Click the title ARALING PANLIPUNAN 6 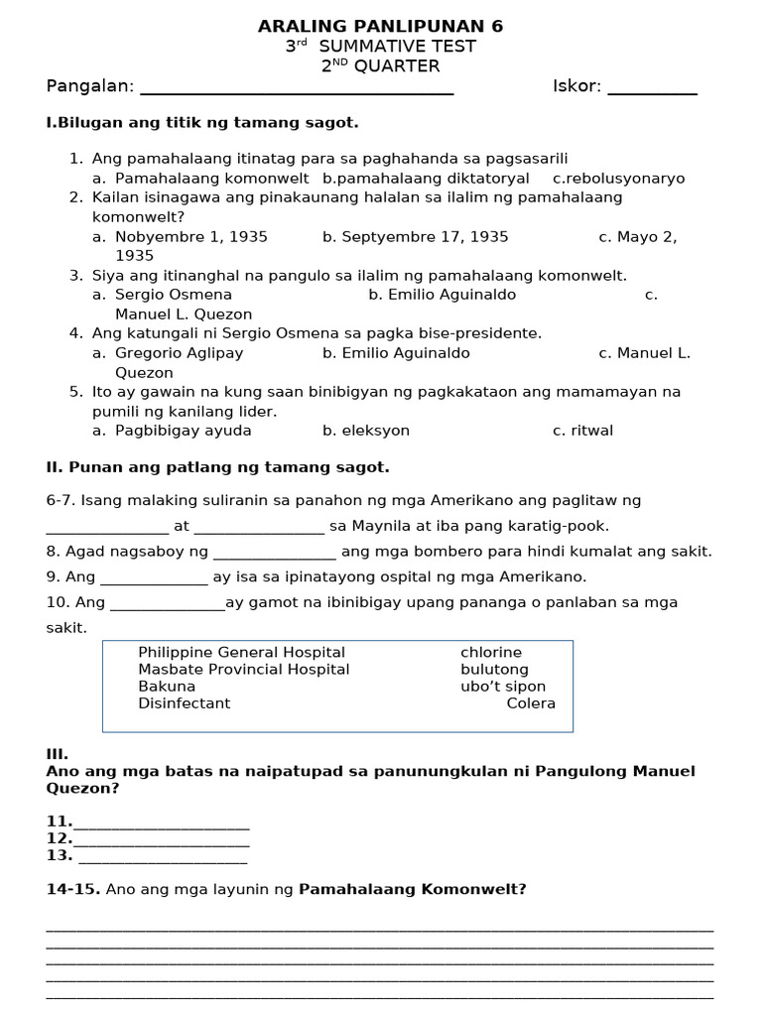[380, 26]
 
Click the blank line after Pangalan [297, 91]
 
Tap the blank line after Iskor [652, 91]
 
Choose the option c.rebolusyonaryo [619, 179]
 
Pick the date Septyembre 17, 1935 [415, 237]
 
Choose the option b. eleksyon [366, 431]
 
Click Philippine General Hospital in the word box [241, 653]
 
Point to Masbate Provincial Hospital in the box [243, 670]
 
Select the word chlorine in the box [490, 653]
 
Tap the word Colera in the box [531, 703]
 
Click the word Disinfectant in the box [184, 703]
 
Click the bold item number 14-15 [72, 890]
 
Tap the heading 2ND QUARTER [380, 66]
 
